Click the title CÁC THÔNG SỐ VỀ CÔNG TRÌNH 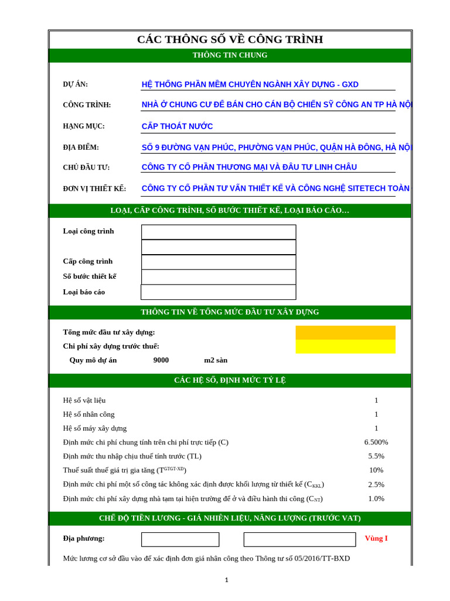[x=230, y=39]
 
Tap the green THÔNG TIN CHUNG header [x=230, y=55]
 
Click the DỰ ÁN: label [x=76, y=85]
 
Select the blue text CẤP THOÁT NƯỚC [x=177, y=126]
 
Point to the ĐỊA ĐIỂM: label [x=81, y=147]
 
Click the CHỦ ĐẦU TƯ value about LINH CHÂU [x=249, y=167]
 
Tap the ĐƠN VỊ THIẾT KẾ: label [x=94, y=189]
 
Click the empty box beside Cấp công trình [x=219, y=262]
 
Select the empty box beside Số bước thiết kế [x=219, y=277]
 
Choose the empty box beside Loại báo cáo [x=219, y=292]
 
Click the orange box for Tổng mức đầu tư [x=345, y=333]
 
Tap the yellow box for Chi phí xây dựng [x=345, y=346]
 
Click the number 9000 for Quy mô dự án [x=161, y=360]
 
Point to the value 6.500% [x=376, y=442]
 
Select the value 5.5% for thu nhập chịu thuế [x=376, y=456]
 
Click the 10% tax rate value [x=376, y=470]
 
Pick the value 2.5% [x=376, y=485]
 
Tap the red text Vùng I [x=376, y=538]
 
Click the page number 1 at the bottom [x=227, y=580]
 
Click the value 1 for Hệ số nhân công [x=376, y=414]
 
